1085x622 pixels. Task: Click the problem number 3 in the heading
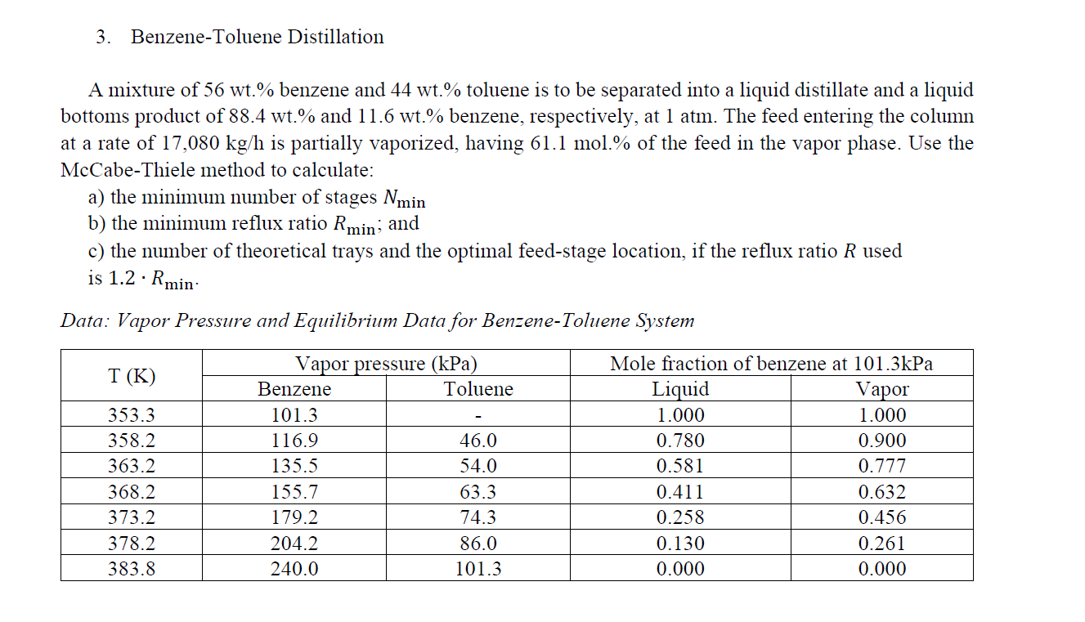[x=101, y=37]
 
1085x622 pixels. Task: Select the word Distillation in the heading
[x=335, y=37]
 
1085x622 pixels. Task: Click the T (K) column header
[x=132, y=376]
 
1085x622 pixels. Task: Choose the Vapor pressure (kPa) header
[x=386, y=364]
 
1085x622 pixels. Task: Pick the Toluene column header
[x=478, y=389]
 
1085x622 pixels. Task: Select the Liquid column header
[x=680, y=390]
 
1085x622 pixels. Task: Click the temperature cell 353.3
[x=132, y=415]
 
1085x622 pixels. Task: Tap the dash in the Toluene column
[x=478, y=416]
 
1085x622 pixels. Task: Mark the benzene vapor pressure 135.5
[x=294, y=466]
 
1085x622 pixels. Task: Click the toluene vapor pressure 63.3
[x=477, y=492]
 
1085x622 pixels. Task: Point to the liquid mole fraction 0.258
[x=680, y=517]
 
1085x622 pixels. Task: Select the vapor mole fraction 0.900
[x=881, y=441]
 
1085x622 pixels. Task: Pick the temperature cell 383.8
[x=132, y=569]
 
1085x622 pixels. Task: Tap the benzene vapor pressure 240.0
[x=294, y=569]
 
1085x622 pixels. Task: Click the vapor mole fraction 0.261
[x=881, y=544]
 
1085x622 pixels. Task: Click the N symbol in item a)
[x=390, y=197]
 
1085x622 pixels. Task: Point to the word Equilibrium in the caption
[x=345, y=321]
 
